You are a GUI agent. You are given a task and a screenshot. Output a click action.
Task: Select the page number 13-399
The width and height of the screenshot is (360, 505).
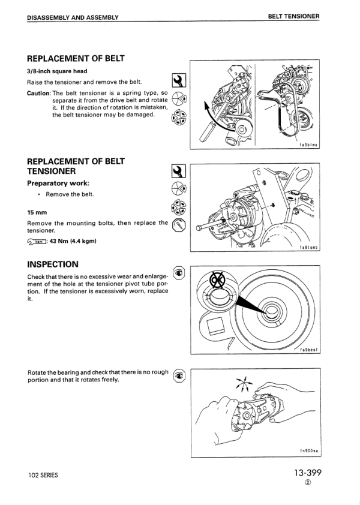(308, 473)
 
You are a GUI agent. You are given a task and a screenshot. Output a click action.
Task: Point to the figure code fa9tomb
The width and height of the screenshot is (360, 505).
(309, 247)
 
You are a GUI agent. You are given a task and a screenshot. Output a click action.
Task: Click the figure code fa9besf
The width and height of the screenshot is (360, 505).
(309, 350)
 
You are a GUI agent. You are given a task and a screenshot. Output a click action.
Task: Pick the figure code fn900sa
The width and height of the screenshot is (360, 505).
(309, 450)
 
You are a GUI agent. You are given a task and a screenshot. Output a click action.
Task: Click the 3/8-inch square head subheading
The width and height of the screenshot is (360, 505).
(57, 71)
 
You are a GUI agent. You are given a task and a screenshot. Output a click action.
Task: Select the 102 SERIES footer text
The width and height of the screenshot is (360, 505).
(43, 475)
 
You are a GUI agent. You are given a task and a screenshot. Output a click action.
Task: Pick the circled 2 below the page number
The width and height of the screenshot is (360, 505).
(308, 485)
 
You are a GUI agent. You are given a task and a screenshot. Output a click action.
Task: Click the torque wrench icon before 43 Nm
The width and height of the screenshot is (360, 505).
(38, 242)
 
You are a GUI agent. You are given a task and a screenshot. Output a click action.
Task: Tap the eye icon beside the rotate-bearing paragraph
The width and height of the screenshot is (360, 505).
(178, 376)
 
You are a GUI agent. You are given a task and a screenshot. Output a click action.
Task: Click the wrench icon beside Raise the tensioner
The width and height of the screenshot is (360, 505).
(178, 79)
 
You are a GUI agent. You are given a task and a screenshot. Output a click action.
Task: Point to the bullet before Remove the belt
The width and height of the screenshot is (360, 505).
(38, 194)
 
